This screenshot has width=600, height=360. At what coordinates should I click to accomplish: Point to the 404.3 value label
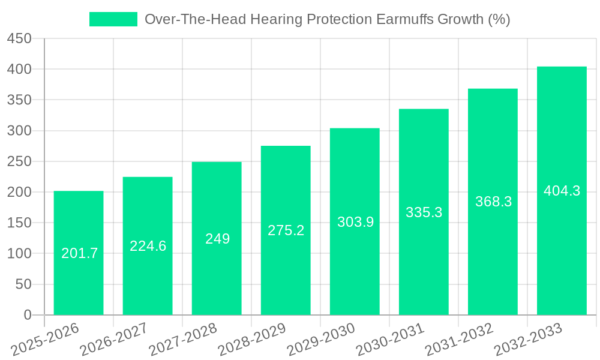(x=562, y=191)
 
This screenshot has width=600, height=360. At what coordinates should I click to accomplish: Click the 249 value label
(x=217, y=239)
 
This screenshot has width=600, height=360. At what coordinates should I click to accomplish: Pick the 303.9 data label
(x=355, y=222)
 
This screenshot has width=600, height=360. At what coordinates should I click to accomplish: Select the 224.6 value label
(x=148, y=246)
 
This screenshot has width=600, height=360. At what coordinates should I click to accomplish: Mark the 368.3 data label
(x=493, y=202)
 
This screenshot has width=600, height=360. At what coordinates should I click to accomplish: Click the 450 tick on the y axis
(x=19, y=38)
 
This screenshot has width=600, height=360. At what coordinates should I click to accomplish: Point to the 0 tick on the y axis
(x=27, y=315)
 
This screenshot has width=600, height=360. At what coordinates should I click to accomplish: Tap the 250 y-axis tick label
(x=19, y=161)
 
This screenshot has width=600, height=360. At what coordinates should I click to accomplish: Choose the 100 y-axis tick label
(x=19, y=254)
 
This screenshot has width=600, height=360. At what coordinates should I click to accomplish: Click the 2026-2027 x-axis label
(x=114, y=339)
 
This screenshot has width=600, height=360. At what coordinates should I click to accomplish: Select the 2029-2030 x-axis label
(x=321, y=339)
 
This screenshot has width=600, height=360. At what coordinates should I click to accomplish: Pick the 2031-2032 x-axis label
(x=459, y=339)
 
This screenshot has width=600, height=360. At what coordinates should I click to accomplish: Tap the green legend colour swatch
(x=113, y=19)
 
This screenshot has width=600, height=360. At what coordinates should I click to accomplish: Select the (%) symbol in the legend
(x=499, y=19)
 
